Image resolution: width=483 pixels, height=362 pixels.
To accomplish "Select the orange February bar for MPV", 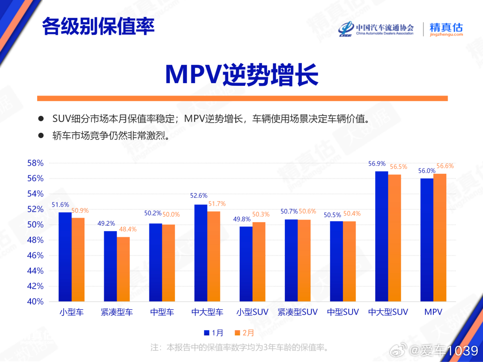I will pyautogui.click(x=440, y=237).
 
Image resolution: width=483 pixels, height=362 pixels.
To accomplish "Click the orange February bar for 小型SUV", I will pyautogui.click(x=259, y=261).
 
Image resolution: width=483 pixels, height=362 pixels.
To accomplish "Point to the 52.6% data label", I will pyautogui.click(x=199, y=195).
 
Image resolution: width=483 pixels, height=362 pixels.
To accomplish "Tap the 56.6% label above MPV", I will pyautogui.click(x=444, y=166).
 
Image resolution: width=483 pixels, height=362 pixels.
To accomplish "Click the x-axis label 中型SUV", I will pyautogui.click(x=343, y=312).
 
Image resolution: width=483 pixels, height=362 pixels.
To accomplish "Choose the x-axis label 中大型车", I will pyautogui.click(x=207, y=312).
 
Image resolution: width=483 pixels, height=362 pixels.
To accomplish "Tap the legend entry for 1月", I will pyautogui.click(x=213, y=333).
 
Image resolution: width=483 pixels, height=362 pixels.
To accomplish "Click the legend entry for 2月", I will pyautogui.click(x=244, y=333).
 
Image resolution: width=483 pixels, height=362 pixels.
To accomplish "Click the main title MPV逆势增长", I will pyautogui.click(x=241, y=75).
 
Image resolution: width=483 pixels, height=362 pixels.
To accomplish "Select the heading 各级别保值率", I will pyautogui.click(x=98, y=26).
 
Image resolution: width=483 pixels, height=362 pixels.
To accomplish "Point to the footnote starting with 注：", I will pyautogui.click(x=240, y=347).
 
